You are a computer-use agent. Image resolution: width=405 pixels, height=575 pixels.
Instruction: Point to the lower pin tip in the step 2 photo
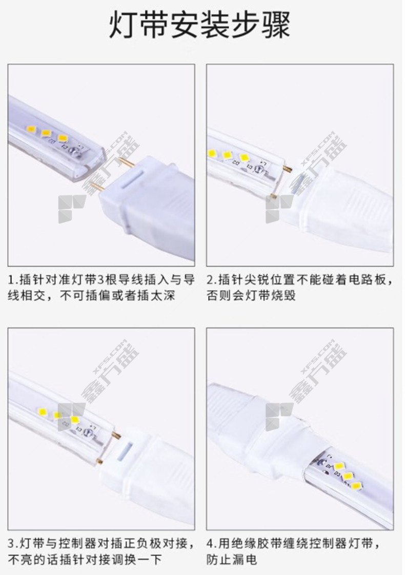(x=272, y=195)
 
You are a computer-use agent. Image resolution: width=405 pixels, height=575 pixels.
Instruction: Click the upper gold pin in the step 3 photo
(x=117, y=436)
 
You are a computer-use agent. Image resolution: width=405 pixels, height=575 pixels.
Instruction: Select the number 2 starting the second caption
(x=210, y=280)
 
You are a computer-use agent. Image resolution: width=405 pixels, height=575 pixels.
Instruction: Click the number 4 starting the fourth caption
(x=210, y=543)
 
